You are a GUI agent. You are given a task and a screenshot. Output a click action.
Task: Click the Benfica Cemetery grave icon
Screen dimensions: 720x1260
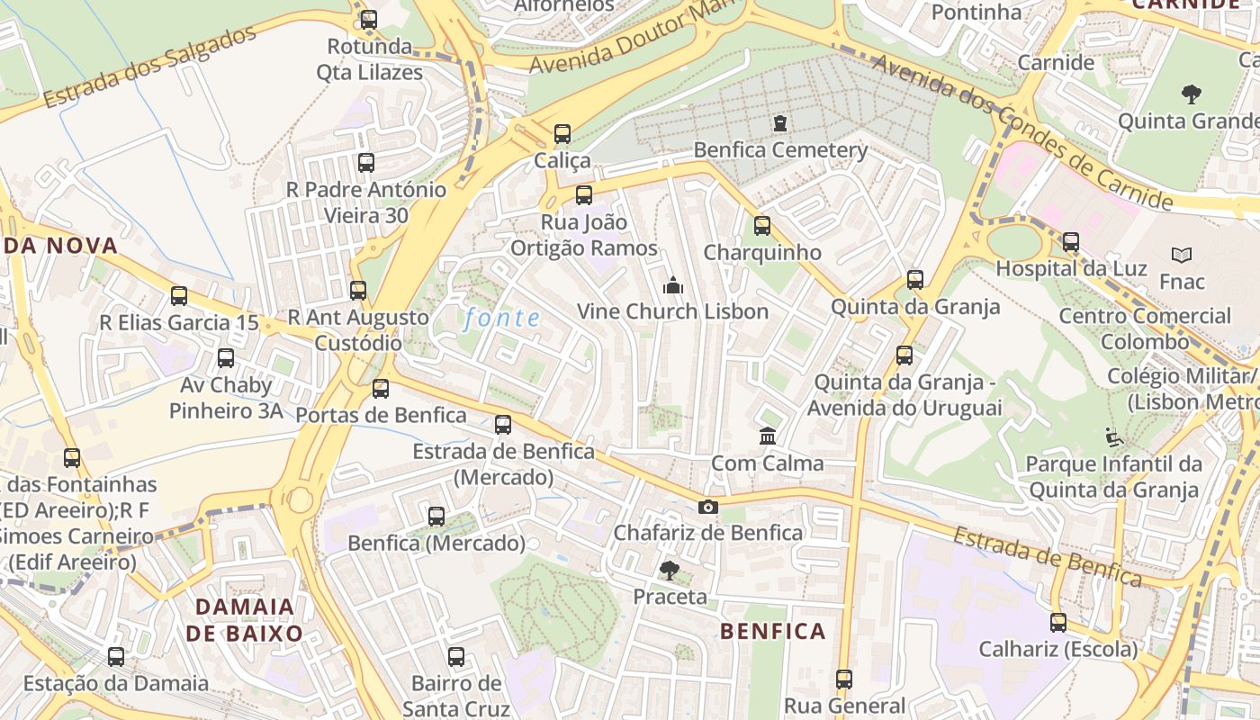(x=779, y=122)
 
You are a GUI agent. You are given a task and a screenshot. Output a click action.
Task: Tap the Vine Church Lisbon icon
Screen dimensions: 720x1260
(x=672, y=285)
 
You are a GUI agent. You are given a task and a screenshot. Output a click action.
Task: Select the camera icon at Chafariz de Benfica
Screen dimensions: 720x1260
(x=708, y=507)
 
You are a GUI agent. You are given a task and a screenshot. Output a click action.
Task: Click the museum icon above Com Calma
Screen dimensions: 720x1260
(x=768, y=436)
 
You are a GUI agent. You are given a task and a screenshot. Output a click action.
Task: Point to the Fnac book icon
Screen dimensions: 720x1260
(x=1182, y=256)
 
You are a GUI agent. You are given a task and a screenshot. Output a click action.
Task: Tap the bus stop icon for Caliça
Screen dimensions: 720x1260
(x=562, y=134)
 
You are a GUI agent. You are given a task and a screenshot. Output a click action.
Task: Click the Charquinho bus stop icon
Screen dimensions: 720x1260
(x=762, y=226)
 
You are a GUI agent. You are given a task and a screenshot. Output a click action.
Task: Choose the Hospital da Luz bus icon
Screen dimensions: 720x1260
(x=1071, y=242)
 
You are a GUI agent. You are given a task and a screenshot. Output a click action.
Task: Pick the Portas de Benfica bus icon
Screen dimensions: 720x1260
(x=381, y=389)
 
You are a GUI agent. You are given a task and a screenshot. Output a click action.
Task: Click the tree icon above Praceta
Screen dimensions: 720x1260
(x=669, y=570)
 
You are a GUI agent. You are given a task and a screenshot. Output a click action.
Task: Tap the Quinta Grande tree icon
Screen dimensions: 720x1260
(x=1191, y=94)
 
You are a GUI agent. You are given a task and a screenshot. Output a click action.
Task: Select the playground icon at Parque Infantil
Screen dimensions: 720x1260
(x=1114, y=438)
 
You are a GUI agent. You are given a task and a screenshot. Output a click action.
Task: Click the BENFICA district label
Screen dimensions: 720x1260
(x=773, y=631)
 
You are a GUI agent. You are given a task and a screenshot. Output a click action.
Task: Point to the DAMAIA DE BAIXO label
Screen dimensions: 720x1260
(x=245, y=619)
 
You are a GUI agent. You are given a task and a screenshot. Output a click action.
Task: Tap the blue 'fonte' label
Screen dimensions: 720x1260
(x=503, y=318)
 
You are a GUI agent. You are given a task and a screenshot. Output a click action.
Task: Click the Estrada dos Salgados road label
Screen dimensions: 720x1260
(x=150, y=67)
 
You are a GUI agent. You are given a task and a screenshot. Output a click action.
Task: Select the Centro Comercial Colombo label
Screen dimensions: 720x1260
(x=1145, y=328)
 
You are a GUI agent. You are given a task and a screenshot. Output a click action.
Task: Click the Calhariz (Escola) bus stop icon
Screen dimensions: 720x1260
(x=1058, y=622)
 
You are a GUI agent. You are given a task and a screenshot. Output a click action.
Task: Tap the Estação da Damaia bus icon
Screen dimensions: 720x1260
(x=116, y=657)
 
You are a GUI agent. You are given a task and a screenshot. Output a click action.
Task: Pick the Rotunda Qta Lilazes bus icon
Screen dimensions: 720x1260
(x=369, y=20)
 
